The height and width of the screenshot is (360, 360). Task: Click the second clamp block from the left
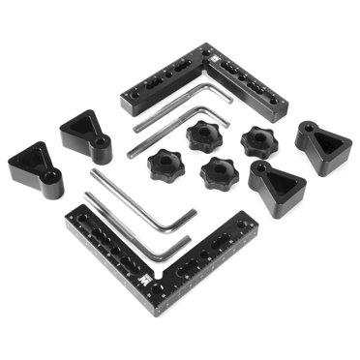click(x=86, y=134)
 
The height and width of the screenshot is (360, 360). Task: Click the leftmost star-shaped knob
click(x=165, y=168)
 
